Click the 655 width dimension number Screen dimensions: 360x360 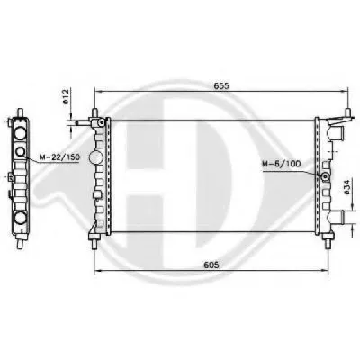(221, 85)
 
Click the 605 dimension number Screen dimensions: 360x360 (211, 265)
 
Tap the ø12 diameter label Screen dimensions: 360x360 (66, 96)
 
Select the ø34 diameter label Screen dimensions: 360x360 (346, 189)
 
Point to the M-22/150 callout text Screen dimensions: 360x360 (59, 157)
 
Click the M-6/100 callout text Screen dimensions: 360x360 (281, 164)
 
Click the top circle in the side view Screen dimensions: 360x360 (21, 132)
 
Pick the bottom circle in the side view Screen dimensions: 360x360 (21, 217)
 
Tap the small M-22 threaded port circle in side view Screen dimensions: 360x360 (21, 152)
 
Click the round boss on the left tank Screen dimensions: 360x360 (96, 156)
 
